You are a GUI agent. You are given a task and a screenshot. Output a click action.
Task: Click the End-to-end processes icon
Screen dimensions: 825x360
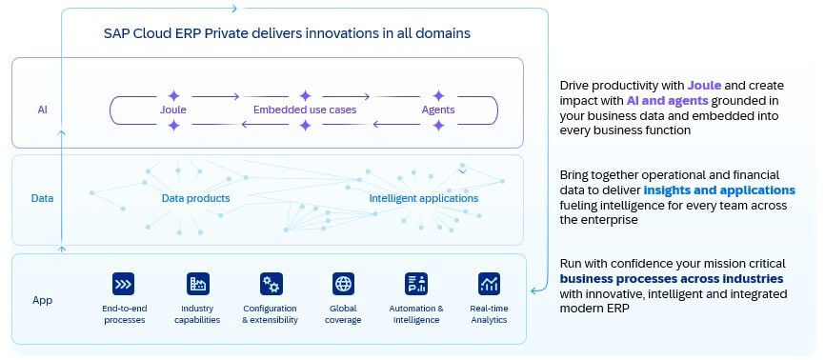tap(123, 284)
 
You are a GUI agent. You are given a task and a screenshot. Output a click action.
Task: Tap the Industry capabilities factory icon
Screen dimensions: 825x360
tap(198, 284)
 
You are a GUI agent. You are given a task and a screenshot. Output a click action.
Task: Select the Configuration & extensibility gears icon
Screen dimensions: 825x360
tap(271, 284)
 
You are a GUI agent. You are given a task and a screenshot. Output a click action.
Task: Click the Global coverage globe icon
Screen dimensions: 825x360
tap(343, 284)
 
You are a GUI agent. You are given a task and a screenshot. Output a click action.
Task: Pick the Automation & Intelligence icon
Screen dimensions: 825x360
tap(416, 284)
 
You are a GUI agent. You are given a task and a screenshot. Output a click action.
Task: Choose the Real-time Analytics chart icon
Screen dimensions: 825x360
tap(489, 284)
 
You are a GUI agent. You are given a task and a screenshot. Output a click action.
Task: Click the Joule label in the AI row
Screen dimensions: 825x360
tap(173, 110)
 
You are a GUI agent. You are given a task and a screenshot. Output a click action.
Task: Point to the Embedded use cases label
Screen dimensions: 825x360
tap(305, 110)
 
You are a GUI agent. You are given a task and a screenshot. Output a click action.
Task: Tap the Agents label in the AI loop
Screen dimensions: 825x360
tap(438, 110)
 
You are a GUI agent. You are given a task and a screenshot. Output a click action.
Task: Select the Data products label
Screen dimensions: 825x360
tap(195, 198)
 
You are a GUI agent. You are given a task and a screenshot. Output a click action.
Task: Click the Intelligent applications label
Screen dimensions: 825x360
tap(424, 198)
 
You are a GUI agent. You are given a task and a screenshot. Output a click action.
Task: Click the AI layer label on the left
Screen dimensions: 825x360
tap(42, 110)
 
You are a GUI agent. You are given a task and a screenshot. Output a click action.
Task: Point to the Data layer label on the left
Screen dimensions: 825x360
tap(42, 198)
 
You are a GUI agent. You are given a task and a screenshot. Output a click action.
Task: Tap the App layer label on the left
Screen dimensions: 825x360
tap(42, 301)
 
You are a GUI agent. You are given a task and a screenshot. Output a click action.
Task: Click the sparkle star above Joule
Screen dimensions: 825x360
tap(173, 96)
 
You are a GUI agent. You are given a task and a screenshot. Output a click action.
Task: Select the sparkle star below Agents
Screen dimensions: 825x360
tap(438, 126)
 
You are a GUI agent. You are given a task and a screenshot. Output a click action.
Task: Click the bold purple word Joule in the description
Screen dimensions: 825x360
tap(704, 86)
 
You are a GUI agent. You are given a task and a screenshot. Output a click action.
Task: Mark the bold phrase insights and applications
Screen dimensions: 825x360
tap(719, 190)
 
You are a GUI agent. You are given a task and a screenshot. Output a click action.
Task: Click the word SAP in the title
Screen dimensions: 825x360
tap(116, 33)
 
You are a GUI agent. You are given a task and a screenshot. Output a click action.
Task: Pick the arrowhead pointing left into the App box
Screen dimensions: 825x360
tap(533, 290)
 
